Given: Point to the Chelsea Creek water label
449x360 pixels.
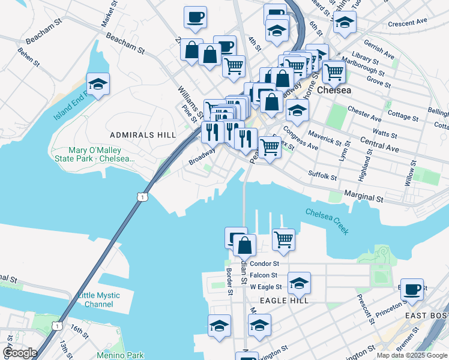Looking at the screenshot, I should (x=327, y=217).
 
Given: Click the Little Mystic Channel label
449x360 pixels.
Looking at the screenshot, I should (x=98, y=300).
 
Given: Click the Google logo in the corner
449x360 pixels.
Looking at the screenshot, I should (x=20, y=353).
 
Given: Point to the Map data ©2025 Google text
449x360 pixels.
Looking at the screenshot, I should (x=411, y=355).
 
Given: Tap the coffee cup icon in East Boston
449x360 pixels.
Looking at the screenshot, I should (x=412, y=289).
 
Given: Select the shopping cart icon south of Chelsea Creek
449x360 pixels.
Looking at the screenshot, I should (x=283, y=239).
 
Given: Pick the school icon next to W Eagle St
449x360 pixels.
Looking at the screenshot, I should (x=299, y=282).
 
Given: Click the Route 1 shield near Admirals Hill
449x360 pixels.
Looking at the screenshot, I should (x=141, y=197).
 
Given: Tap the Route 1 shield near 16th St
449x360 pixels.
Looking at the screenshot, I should (x=57, y=326).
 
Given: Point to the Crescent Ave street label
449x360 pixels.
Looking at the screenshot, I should (x=407, y=23).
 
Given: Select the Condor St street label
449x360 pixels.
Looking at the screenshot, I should (x=265, y=263).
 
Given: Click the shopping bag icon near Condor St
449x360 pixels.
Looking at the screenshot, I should (x=244, y=245).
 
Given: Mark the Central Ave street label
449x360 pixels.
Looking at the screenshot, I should (x=379, y=143).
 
